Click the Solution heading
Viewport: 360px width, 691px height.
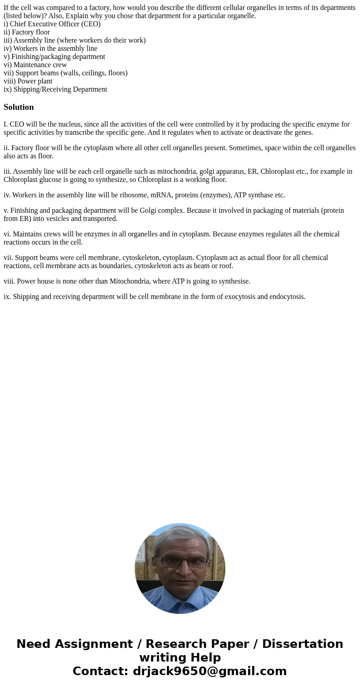[x=19, y=107]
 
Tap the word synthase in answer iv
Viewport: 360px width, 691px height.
[x=263, y=195]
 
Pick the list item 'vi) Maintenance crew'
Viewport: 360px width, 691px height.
[x=35, y=65]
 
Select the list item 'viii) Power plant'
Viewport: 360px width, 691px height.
[x=28, y=81]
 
